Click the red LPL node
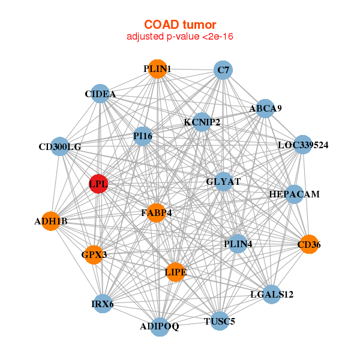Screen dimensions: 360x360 click(98, 184)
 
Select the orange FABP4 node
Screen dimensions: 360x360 click(156, 212)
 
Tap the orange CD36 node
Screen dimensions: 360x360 click(308, 244)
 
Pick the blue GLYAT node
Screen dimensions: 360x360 click(223, 182)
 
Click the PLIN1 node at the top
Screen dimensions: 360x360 click(157, 69)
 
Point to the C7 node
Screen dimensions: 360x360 click(223, 71)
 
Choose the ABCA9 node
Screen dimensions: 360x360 click(265, 109)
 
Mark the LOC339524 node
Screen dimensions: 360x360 click(303, 145)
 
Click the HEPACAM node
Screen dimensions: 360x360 click(294, 194)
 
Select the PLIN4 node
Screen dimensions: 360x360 click(238, 244)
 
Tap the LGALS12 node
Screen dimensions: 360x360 click(271, 294)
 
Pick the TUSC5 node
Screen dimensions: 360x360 click(220, 321)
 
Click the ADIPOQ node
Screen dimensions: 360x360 click(160, 326)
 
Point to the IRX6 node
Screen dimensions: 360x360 click(103, 304)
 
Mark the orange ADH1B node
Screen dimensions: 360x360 click(51, 221)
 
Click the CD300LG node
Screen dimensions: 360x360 click(60, 146)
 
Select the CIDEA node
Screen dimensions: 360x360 click(100, 94)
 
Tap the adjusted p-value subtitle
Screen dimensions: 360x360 click(179, 37)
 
